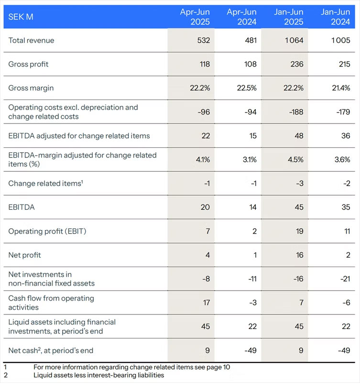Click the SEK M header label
coord(21,17)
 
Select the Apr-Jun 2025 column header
coord(195,17)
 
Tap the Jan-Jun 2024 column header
coord(335,17)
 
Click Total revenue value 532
coord(204,40)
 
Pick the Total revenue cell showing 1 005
coord(341,40)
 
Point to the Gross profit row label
coord(28,64)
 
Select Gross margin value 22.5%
coord(247,88)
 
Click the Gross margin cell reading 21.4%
coord(341,88)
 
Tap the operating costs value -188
coord(296,112)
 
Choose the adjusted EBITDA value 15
coord(253,136)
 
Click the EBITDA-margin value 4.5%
coord(295,159)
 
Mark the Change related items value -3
coord(300,183)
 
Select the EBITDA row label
coord(22,207)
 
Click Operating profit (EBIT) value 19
coord(300,231)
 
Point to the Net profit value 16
coord(300,255)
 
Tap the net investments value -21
coord(345,279)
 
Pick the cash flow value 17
coord(206,302)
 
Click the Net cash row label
coord(51,350)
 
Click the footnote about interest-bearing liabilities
coord(98,375)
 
